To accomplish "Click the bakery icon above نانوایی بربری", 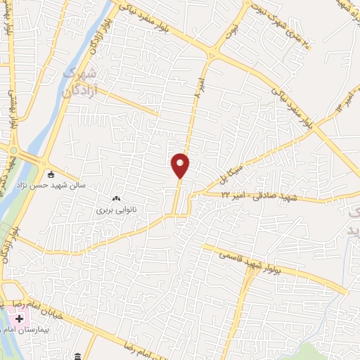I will (117, 199).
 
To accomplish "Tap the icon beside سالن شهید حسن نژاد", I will (50, 174).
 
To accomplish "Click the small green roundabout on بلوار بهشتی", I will (12, 148).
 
